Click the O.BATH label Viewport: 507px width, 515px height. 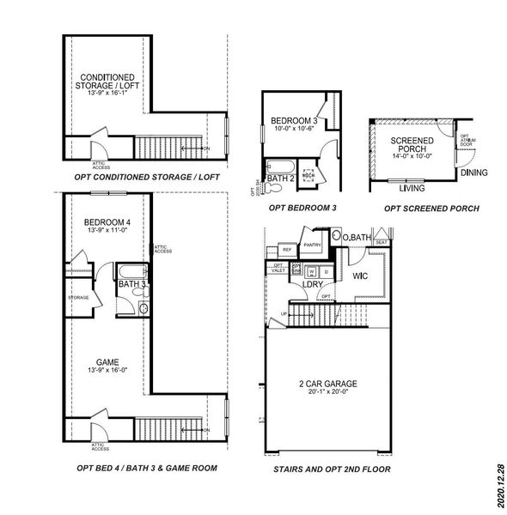[357, 237]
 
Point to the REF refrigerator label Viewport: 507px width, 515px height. [287, 249]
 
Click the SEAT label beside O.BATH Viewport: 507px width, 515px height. [381, 242]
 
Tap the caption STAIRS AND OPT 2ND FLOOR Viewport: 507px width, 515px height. [332, 470]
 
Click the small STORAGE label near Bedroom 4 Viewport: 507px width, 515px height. [78, 298]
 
